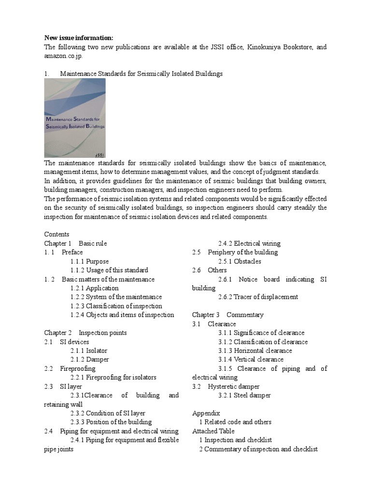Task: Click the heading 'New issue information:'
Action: [79, 38]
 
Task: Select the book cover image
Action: [75, 117]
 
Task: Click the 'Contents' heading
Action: [57, 234]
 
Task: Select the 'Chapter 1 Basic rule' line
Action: [75, 243]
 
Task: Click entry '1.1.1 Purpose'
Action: [89, 261]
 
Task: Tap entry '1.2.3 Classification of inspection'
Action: [116, 306]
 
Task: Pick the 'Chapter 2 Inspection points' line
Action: [86, 333]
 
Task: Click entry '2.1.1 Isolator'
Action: [88, 350]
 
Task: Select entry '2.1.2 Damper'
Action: [89, 359]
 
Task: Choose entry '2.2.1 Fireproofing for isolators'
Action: [113, 377]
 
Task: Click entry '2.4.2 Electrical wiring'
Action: [249, 243]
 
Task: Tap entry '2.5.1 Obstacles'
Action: [239, 261]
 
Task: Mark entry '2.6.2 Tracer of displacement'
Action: [257, 297]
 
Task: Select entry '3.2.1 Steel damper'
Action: [244, 395]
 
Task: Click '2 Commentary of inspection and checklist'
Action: [258, 449]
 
